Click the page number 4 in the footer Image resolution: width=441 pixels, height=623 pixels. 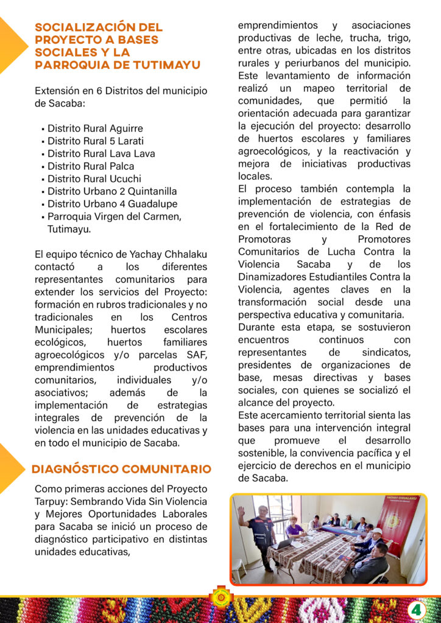coord(417,609)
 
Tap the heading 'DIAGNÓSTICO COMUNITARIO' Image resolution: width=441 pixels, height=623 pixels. coord(121,469)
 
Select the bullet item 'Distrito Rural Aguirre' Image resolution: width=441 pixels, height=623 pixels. coord(95,128)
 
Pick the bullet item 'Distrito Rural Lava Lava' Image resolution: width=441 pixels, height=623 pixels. coord(101,153)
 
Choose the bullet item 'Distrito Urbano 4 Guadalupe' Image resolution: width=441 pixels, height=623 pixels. coord(112,203)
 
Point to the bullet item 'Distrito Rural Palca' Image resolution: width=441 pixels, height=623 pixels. coord(91,166)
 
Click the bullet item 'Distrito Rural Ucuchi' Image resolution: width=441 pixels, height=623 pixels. coord(94,179)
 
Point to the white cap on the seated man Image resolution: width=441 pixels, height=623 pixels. coord(376,531)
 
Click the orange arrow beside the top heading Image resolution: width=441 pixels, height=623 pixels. coord(12,46)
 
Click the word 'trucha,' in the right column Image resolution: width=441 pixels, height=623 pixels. coord(353,38)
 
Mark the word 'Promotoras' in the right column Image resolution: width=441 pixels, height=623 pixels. coord(264,238)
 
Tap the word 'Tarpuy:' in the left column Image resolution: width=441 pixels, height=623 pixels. coord(51,501)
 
